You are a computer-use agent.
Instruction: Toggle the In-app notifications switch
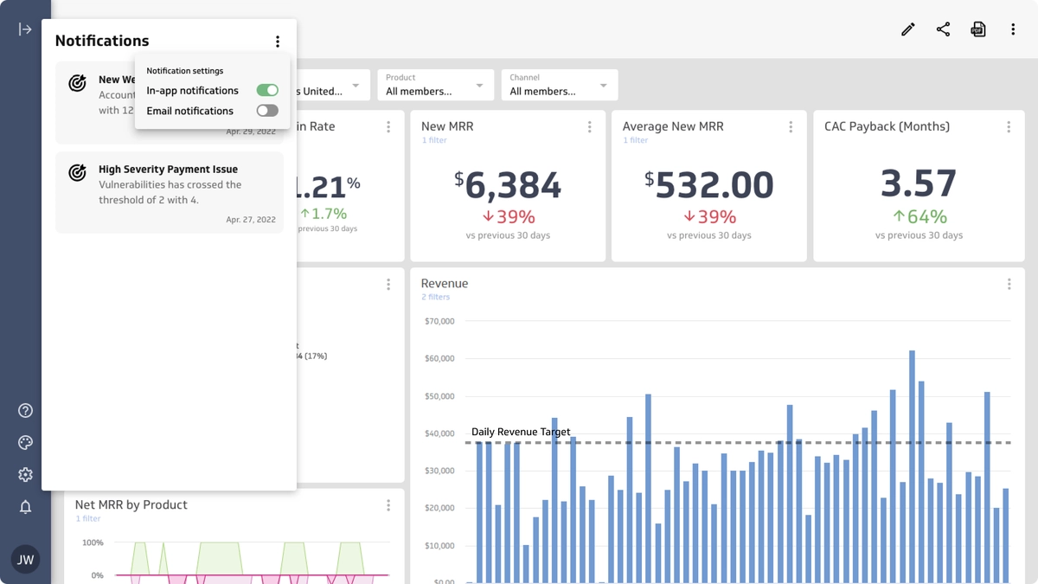click(x=267, y=90)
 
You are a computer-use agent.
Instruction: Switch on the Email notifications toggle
click(x=267, y=111)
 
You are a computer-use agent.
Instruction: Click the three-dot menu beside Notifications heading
click(x=278, y=42)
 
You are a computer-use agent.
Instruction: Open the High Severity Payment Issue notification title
click(x=168, y=170)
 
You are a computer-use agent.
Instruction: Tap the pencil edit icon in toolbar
click(x=907, y=29)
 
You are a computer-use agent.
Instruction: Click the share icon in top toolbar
click(x=943, y=29)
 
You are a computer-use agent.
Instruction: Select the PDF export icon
click(x=978, y=29)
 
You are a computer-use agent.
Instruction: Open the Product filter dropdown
click(x=435, y=85)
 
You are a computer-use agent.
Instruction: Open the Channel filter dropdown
click(x=559, y=85)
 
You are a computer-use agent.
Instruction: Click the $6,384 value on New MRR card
click(x=508, y=185)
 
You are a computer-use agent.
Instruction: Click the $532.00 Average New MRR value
click(x=708, y=185)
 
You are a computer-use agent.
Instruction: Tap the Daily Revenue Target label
click(x=521, y=432)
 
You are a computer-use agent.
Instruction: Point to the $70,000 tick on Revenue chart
click(x=439, y=321)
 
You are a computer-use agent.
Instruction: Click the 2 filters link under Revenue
click(x=436, y=297)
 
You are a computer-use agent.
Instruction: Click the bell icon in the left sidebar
click(x=25, y=507)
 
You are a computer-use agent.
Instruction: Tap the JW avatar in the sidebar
click(x=26, y=559)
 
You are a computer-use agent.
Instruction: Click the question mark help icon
click(x=25, y=411)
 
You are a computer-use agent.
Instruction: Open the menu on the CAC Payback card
click(x=1009, y=127)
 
